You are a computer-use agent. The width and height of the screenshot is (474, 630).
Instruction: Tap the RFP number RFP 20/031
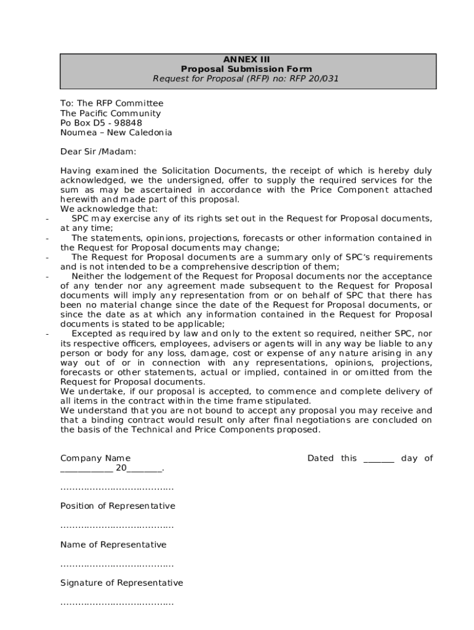coord(311,79)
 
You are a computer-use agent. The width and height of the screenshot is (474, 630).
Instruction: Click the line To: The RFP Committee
coord(111,103)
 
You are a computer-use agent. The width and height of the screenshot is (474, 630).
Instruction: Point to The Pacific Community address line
coord(110,113)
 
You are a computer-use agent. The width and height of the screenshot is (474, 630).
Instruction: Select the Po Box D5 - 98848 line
coord(101,123)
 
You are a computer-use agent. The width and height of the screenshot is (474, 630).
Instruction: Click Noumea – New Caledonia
coord(116,133)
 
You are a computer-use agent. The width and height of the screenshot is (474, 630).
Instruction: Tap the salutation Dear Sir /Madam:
coord(98,151)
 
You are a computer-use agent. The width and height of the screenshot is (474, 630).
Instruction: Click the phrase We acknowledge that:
coord(100,209)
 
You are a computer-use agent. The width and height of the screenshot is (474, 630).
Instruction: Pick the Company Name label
coord(95,458)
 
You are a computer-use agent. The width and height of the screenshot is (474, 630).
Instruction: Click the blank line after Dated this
coord(379,460)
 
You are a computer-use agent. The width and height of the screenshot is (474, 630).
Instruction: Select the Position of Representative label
coord(118,506)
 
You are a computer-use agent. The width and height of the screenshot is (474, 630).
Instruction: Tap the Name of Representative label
coord(113,545)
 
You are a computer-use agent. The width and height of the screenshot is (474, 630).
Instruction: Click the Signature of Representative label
coord(121,583)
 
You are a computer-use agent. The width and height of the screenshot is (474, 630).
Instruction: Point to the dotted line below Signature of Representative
coord(117,603)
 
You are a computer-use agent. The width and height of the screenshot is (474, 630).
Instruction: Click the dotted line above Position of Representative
coord(117,488)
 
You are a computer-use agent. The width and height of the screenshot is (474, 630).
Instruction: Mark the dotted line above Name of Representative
coord(117,527)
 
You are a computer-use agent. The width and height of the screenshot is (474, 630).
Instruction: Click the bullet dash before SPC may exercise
coord(47,218)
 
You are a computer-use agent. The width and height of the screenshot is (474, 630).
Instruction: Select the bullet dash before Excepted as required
coord(47,334)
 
